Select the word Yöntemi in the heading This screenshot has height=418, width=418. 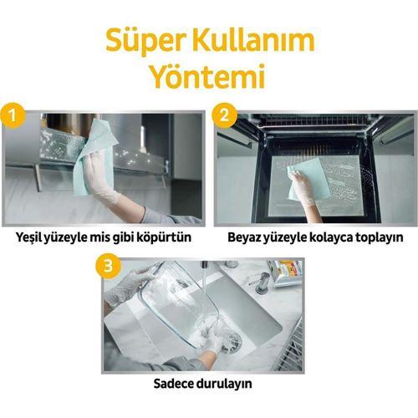[207, 77]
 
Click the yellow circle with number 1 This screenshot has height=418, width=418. [11, 110]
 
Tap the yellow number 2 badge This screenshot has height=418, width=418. [222, 110]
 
